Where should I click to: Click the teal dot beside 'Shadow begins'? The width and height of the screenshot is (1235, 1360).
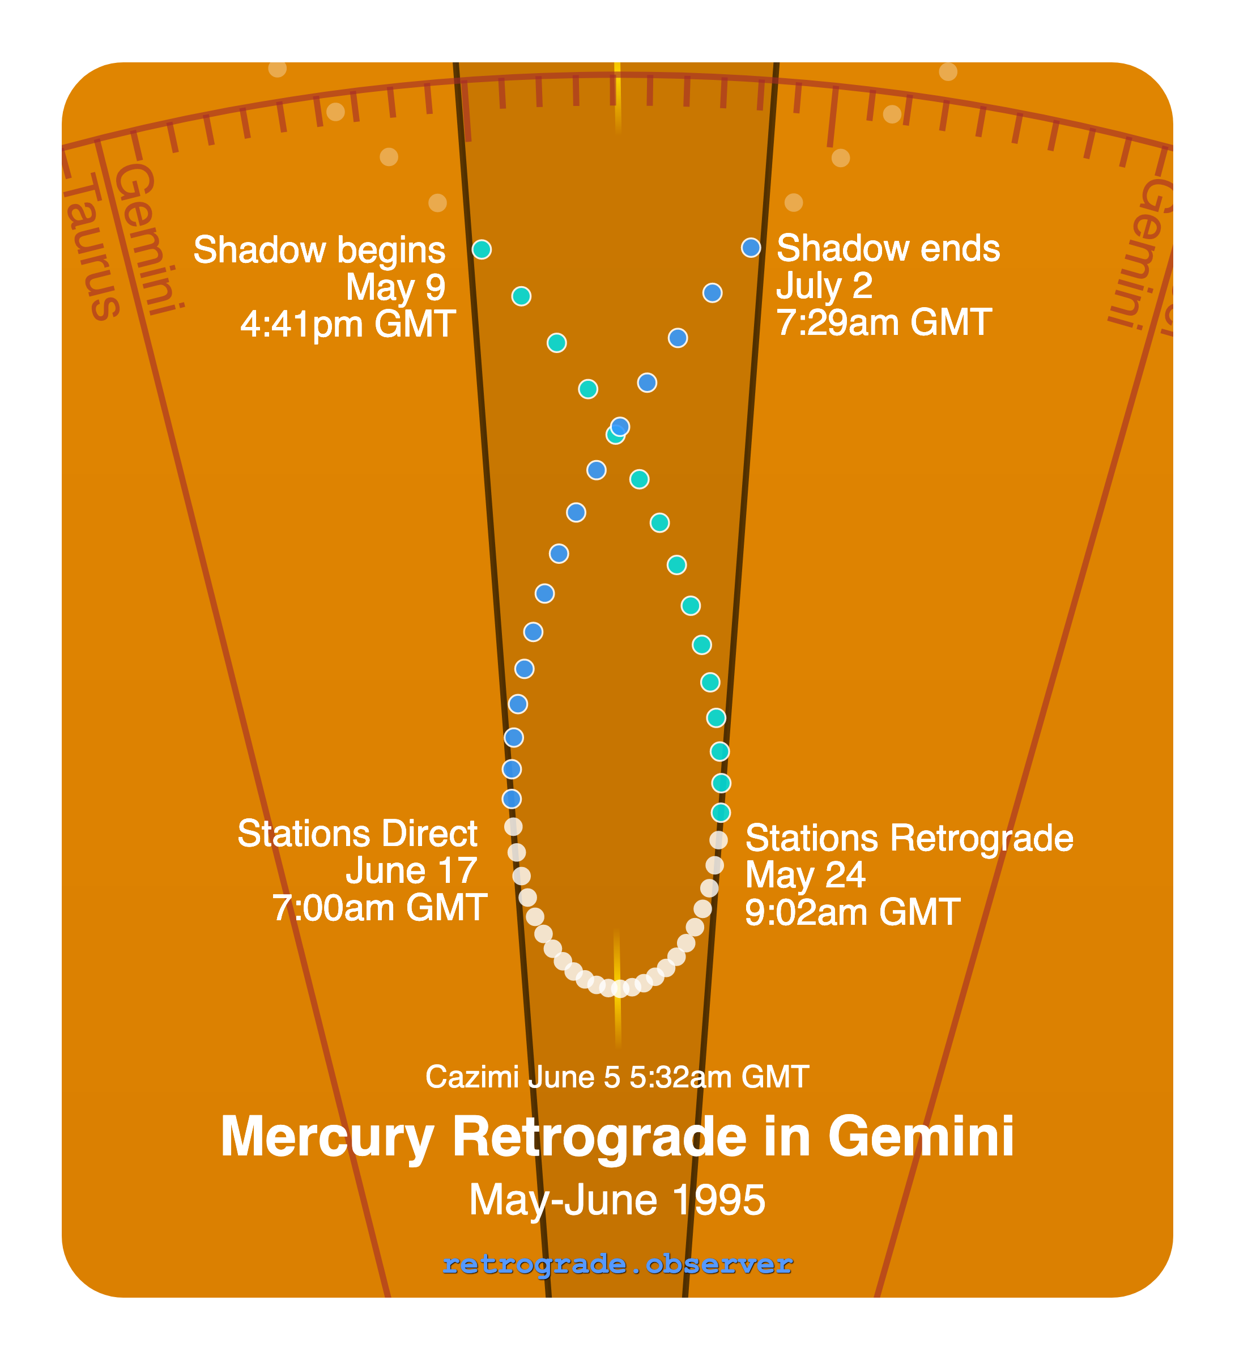482,249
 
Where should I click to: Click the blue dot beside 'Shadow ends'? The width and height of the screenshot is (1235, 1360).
751,248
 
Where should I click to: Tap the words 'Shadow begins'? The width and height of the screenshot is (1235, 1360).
319,250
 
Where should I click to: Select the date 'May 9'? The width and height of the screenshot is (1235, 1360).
395,287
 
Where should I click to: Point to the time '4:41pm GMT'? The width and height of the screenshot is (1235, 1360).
348,325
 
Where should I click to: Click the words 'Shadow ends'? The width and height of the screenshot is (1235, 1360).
888,248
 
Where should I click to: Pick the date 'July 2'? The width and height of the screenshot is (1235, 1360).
824,286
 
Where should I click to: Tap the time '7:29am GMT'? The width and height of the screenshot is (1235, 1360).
884,322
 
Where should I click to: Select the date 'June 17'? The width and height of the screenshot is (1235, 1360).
411,871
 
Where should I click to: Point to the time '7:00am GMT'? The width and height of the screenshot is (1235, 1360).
380,908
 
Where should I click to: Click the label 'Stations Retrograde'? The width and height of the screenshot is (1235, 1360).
909,839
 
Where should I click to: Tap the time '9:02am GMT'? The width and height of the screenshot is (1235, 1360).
852,913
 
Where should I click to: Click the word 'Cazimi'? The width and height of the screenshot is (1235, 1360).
471,1077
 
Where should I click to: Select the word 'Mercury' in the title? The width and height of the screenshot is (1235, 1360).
327,1137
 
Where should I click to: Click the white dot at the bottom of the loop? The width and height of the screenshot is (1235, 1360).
620,989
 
